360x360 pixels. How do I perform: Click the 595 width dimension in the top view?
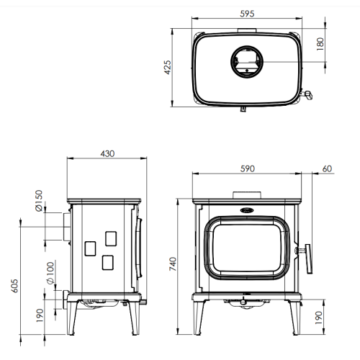pyautogui.click(x=247, y=14)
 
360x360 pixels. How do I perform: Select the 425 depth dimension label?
pyautogui.click(x=168, y=68)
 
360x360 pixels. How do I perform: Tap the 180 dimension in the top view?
pyautogui.click(x=320, y=44)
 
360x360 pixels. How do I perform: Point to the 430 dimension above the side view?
pyautogui.click(x=107, y=153)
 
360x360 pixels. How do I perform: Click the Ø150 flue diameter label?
pyautogui.click(x=39, y=201)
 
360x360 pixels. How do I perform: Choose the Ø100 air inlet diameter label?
pyautogui.click(x=50, y=273)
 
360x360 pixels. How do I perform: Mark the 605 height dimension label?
pyautogui.click(x=14, y=286)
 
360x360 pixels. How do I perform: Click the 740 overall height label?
pyautogui.click(x=173, y=264)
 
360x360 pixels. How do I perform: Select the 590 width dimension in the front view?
pyautogui.click(x=248, y=168)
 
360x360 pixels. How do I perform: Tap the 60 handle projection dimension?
pyautogui.click(x=327, y=168)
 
